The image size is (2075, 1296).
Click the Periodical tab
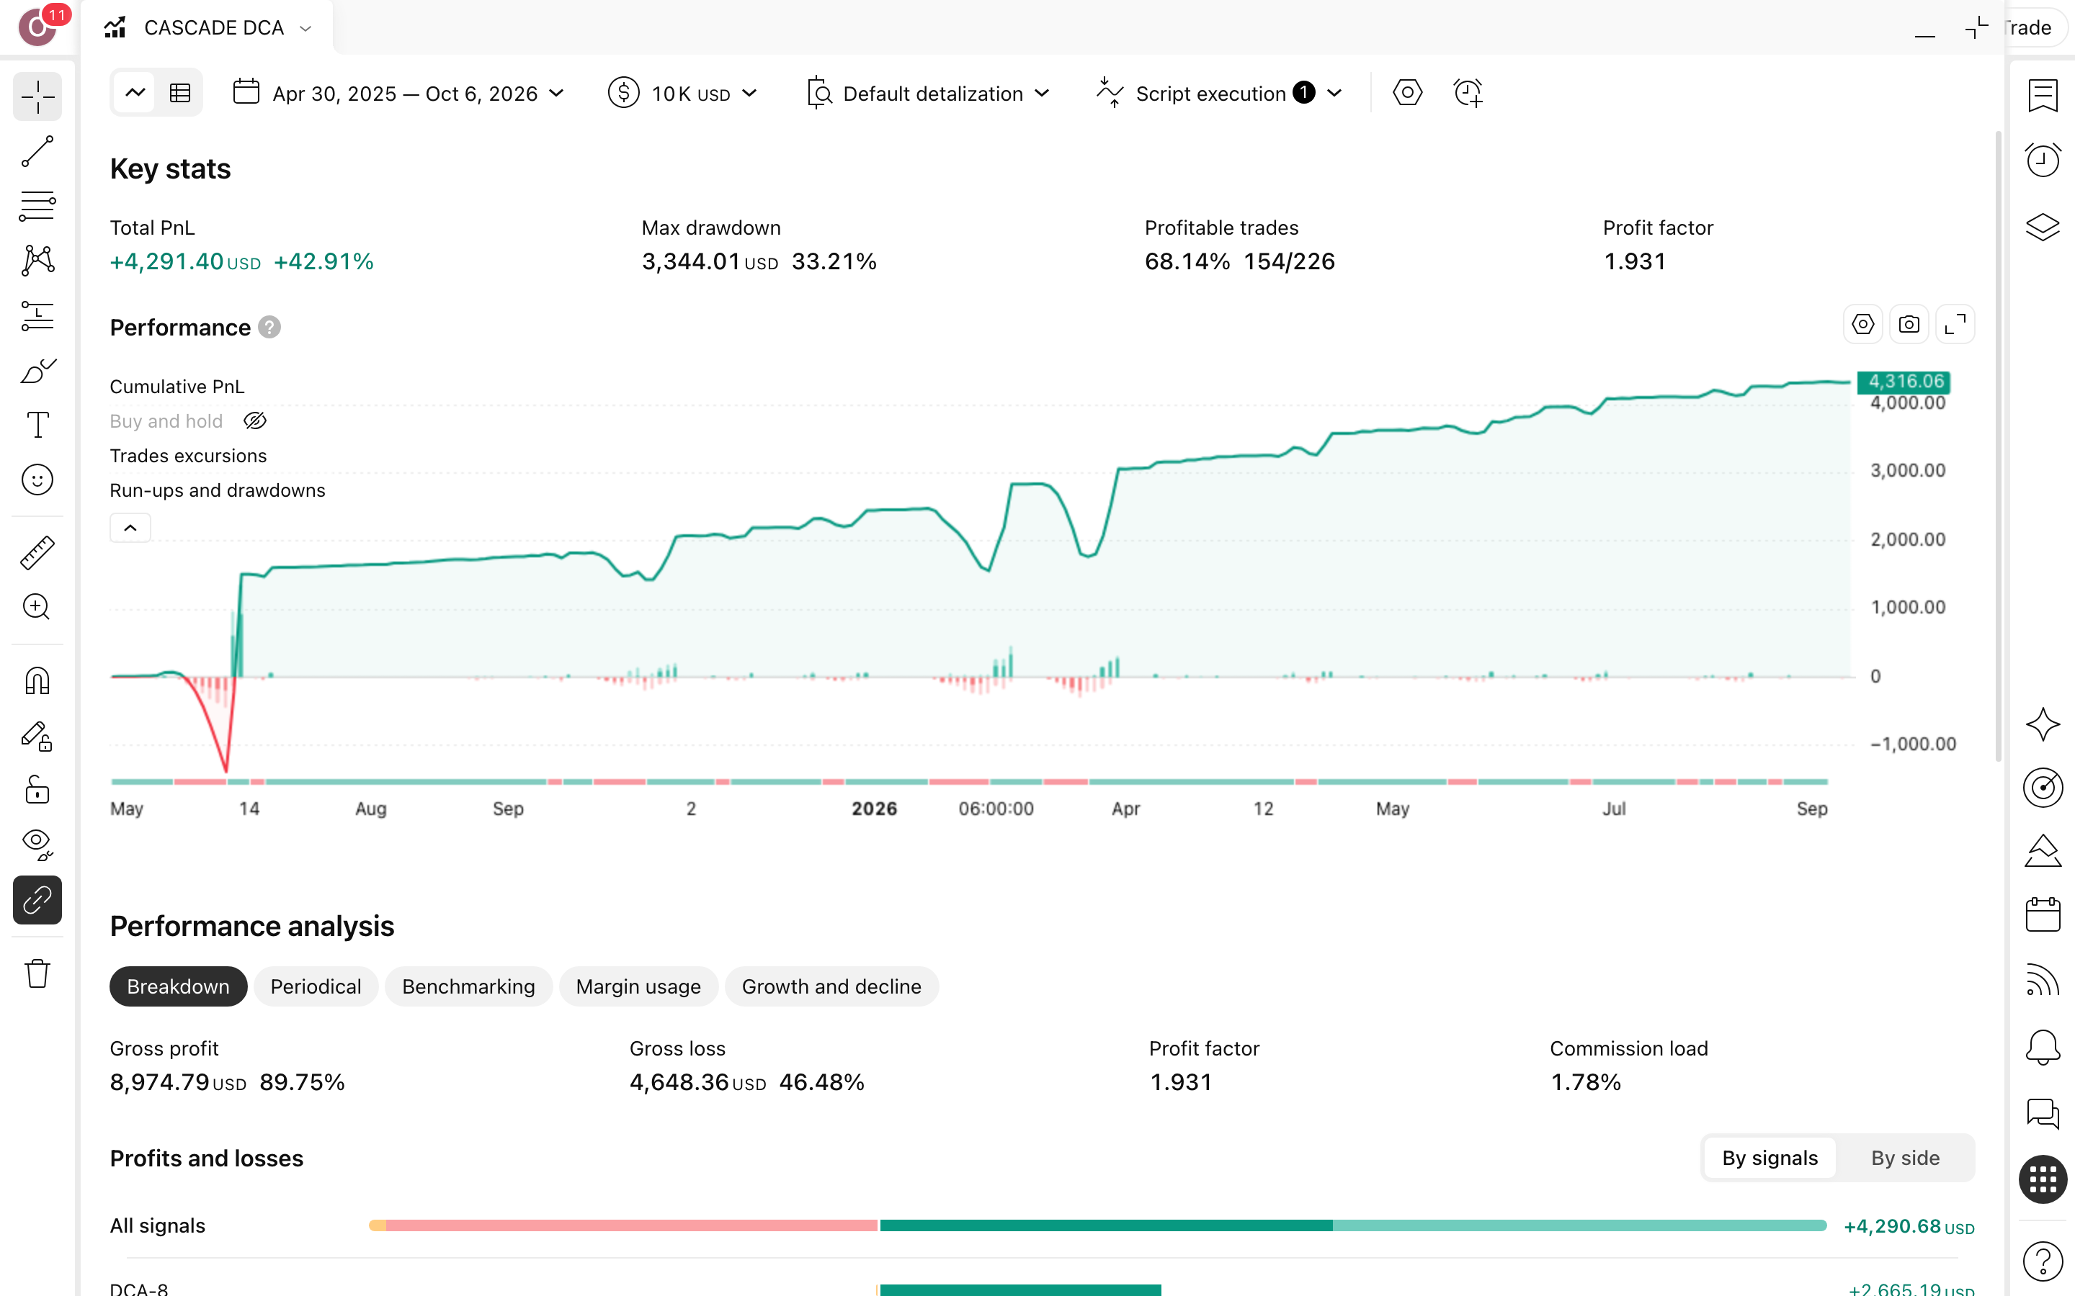tap(316, 986)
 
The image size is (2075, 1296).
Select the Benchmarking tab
tap(468, 986)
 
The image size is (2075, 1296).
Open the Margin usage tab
tap(638, 986)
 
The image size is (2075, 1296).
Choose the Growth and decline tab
tap(831, 986)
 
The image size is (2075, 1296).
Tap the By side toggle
tap(1904, 1158)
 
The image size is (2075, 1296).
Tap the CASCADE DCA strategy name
tap(213, 28)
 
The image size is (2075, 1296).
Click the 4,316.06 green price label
tap(1904, 382)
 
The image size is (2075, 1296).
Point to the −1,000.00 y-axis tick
tap(1913, 744)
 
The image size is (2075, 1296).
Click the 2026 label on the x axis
tap(874, 809)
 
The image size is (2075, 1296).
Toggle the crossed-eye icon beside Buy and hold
tap(254, 421)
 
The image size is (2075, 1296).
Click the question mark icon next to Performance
tap(269, 328)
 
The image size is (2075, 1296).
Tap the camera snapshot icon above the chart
tap(1909, 325)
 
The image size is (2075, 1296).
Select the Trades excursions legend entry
tap(188, 456)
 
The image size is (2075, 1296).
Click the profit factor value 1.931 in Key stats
tap(1634, 261)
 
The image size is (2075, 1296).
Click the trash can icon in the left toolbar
tap(37, 973)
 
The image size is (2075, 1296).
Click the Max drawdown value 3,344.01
tap(691, 261)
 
